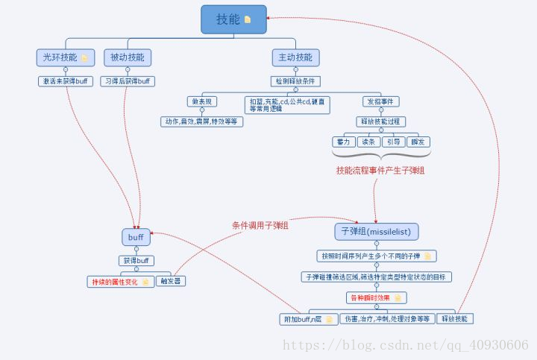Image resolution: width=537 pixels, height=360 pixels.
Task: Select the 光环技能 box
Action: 63,57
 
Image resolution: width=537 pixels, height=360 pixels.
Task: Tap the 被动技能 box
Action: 127,57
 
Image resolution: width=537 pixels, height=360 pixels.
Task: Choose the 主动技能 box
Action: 295,57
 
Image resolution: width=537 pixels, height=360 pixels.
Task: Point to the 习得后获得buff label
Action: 127,80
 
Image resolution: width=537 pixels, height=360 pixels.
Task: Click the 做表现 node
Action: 201,101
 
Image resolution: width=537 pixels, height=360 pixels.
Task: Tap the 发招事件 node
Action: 380,101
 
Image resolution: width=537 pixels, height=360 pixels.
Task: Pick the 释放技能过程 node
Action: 380,121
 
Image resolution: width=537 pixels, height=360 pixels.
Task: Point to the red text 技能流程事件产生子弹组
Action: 380,170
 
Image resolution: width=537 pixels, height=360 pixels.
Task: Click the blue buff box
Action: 136,237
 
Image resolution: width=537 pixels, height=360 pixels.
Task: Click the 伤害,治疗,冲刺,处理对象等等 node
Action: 386,318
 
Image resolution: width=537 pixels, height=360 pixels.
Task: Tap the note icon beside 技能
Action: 248,20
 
